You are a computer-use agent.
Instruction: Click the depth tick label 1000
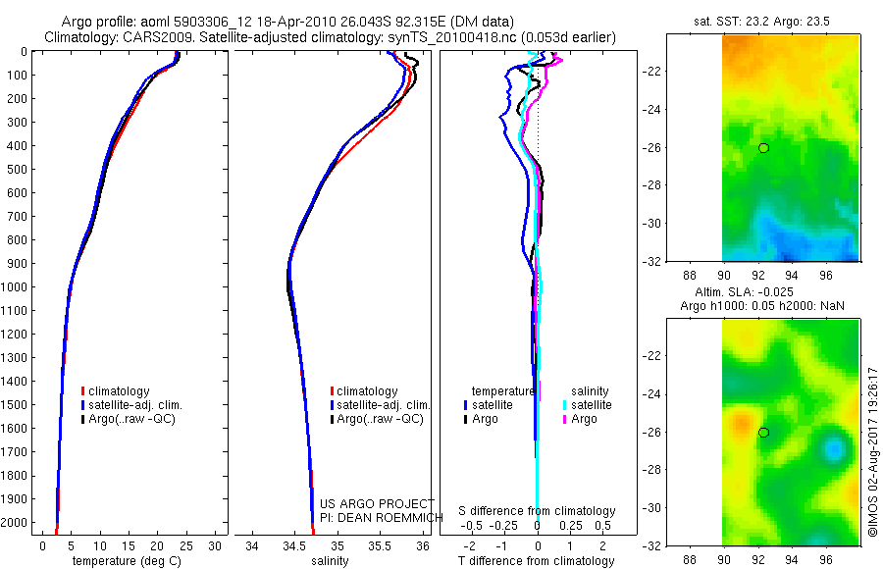(x=16, y=287)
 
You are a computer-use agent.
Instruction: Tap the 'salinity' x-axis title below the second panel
(x=331, y=561)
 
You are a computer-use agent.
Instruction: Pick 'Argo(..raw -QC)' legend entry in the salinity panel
(x=380, y=419)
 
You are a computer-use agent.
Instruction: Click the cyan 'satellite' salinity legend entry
(x=592, y=405)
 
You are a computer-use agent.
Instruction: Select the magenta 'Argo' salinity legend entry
(x=584, y=419)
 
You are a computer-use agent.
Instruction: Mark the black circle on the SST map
(x=763, y=148)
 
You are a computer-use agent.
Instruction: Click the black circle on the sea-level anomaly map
(x=763, y=433)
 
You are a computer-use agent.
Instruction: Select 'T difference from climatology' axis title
(x=538, y=561)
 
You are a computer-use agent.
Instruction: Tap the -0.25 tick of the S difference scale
(x=504, y=525)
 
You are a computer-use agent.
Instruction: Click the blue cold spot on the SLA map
(x=834, y=450)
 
